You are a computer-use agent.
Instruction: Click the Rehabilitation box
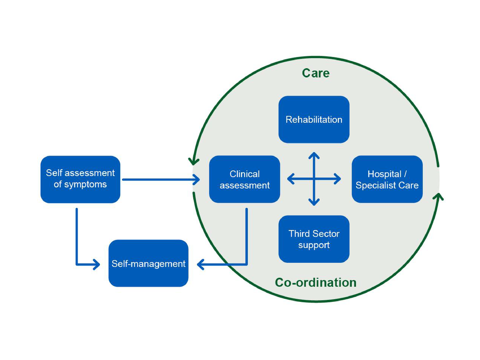pos(314,119)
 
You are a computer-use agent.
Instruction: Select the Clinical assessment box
pos(245,179)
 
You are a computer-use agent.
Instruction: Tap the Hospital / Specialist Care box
pos(387,179)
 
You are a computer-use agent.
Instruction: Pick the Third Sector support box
pos(314,239)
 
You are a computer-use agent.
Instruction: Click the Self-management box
pos(148,264)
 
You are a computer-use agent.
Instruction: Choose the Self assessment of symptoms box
pos(80,179)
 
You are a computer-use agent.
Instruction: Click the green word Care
pos(316,73)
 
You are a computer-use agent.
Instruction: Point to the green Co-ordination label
pos(316,283)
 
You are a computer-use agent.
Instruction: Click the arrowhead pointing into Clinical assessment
pos(196,179)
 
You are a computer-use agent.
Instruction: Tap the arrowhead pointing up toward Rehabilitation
pos(314,156)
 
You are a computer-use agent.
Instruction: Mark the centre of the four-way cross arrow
pos(314,179)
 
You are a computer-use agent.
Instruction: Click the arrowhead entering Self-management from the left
pos(96,264)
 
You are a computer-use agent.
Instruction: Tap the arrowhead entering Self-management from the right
pos(200,264)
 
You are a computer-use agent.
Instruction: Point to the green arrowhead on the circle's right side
pos(438,196)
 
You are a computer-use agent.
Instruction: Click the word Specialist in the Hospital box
pos(375,185)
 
